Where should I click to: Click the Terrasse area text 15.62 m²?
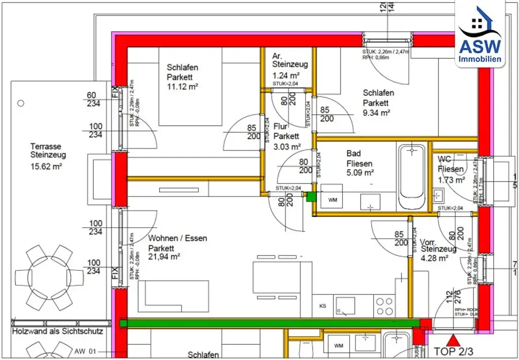pos(46,166)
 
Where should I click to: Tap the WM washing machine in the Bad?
pos(332,200)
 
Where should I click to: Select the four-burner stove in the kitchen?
pos(384,306)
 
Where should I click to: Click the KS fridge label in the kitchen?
pos(322,306)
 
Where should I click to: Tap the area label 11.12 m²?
pos(182,86)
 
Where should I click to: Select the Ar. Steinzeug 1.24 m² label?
pos(289,65)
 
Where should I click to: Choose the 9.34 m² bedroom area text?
pos(376,113)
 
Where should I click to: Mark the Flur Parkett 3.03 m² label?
pos(286,136)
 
